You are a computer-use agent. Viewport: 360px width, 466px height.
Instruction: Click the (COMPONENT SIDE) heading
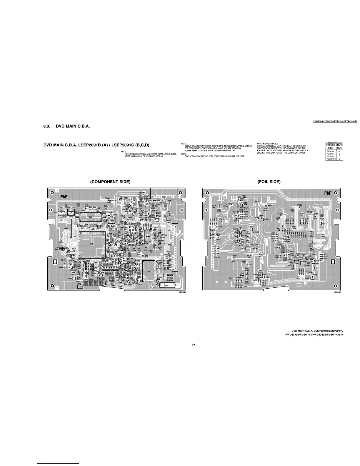click(x=110, y=182)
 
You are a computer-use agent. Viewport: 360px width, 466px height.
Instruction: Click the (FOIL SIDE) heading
click(x=269, y=182)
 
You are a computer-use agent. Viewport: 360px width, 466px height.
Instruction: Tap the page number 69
click(x=193, y=345)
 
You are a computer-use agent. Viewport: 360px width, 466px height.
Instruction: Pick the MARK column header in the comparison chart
click(x=340, y=148)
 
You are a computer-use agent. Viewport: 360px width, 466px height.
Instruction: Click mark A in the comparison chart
click(x=340, y=151)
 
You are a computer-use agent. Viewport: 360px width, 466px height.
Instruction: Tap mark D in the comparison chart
click(x=340, y=159)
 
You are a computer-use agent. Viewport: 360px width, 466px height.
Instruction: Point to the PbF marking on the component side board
click(x=64, y=196)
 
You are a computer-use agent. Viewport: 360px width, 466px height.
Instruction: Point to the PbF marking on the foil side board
click(x=328, y=193)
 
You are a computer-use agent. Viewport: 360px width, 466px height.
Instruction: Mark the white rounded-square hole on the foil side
click(x=333, y=262)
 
